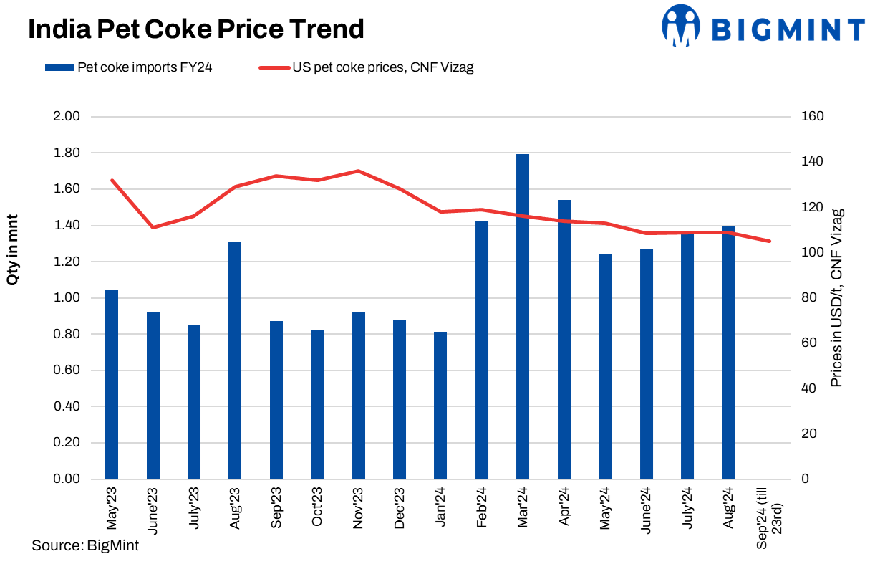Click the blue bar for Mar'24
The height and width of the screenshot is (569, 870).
coord(523,316)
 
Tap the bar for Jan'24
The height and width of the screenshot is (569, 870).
coord(440,405)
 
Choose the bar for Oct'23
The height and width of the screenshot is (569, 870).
coord(317,404)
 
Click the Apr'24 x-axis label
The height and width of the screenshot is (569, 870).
coord(564,507)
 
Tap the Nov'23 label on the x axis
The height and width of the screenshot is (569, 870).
coord(358,508)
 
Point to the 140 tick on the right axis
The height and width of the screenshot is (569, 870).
coord(811,162)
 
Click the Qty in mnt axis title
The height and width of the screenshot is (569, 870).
coord(12,250)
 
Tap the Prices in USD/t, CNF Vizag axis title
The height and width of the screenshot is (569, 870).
coord(836,297)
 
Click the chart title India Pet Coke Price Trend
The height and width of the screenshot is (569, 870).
coord(195,29)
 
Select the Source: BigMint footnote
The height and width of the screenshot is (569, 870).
coord(85,545)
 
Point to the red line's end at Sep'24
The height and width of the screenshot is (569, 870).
coord(770,242)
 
